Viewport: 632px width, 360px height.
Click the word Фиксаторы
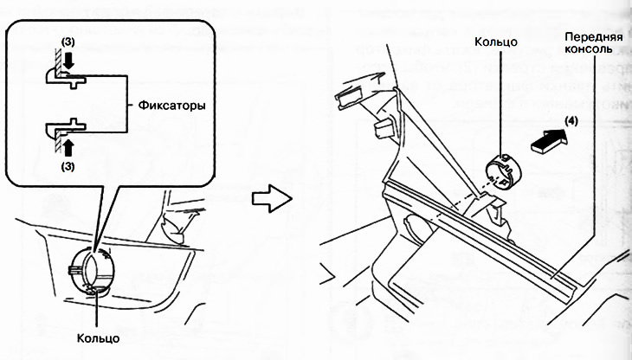171,103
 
